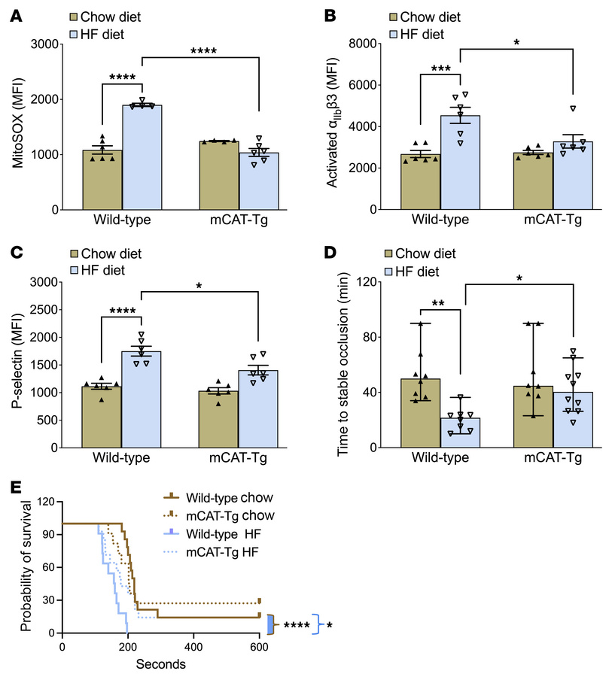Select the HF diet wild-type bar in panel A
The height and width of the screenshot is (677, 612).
142,158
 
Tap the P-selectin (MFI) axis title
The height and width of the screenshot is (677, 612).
12,364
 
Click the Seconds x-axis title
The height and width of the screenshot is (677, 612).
160,665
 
